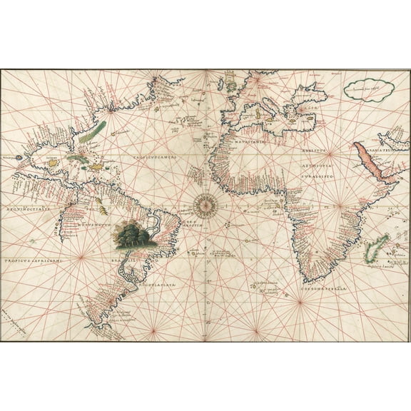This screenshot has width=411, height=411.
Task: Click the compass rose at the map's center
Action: [205, 205]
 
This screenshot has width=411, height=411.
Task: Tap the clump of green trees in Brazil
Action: [136, 235]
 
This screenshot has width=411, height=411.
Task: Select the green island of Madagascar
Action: [375, 250]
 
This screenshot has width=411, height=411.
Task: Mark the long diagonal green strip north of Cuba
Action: [93, 131]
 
